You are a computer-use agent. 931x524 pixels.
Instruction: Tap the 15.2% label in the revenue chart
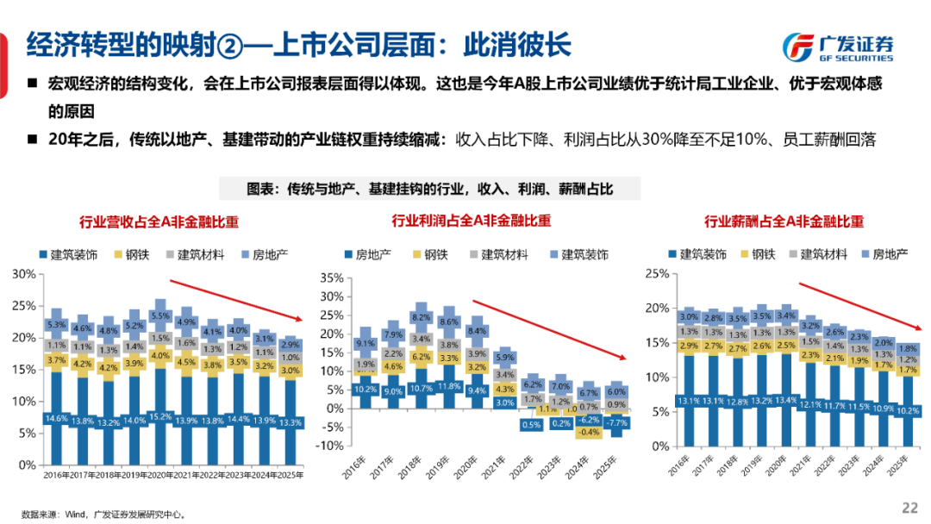(159, 417)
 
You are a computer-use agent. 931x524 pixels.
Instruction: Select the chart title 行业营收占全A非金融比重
(159, 221)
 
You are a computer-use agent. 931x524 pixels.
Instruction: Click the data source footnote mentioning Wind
(103, 514)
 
